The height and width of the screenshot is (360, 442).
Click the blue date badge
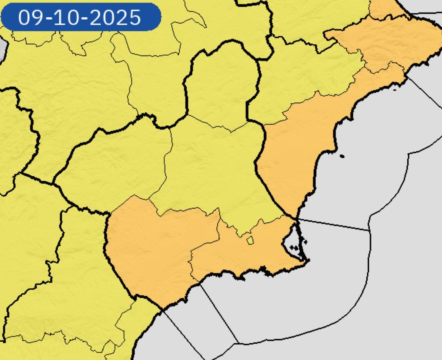tap(81, 17)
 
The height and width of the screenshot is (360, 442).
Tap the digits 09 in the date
tap(29, 18)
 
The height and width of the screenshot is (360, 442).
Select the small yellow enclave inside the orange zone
tap(250, 240)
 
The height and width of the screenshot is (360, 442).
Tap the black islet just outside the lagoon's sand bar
tap(305, 241)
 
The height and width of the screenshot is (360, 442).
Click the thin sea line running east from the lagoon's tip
tap(334, 225)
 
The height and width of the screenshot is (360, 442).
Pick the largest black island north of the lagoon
tap(342, 156)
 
